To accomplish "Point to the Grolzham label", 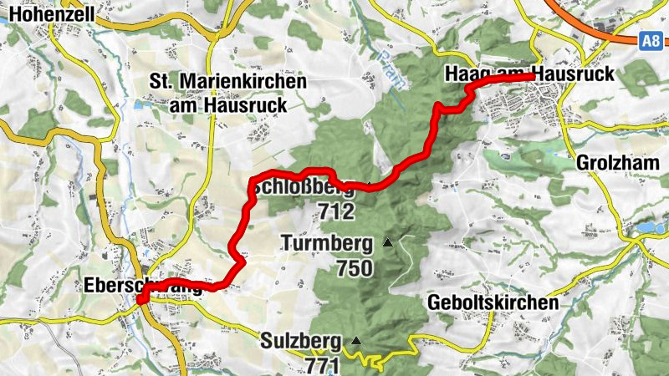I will pyautogui.click(x=617, y=162).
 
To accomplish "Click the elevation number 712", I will pyautogui.click(x=336, y=212).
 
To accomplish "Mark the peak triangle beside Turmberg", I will pyautogui.click(x=386, y=243).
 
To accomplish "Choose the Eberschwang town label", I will pyautogui.click(x=143, y=286).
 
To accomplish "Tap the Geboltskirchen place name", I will pyautogui.click(x=492, y=302).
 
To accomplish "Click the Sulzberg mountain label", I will pyautogui.click(x=300, y=341).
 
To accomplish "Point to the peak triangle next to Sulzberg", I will pyautogui.click(x=357, y=340).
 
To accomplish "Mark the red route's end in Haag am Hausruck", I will pyautogui.click(x=532, y=76).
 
